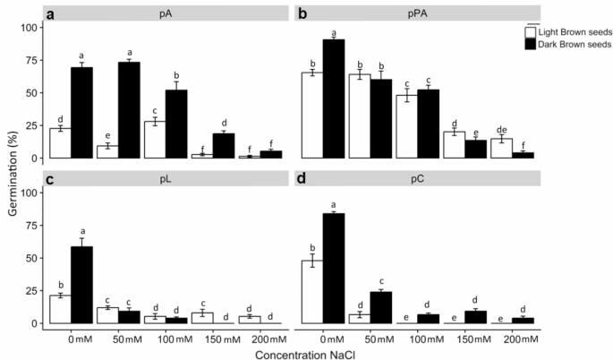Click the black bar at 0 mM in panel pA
(82, 113)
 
